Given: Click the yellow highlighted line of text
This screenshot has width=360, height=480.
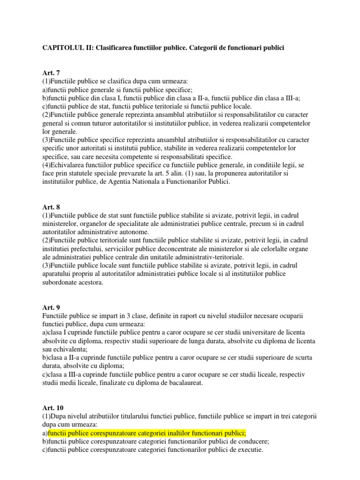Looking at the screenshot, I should coord(147,433).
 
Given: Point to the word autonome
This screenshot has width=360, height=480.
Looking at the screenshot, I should coord(135,232).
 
